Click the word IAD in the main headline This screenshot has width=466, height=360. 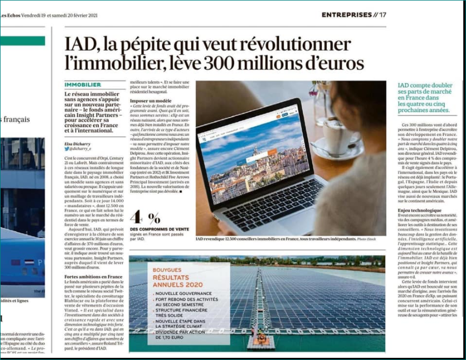81,44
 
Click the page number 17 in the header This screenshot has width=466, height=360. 382,15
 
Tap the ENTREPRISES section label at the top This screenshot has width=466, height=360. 346,15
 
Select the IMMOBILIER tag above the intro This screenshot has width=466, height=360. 83,85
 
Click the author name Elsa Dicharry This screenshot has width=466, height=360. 77,143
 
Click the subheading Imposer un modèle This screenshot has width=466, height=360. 148,101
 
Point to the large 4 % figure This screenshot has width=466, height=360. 146,218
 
